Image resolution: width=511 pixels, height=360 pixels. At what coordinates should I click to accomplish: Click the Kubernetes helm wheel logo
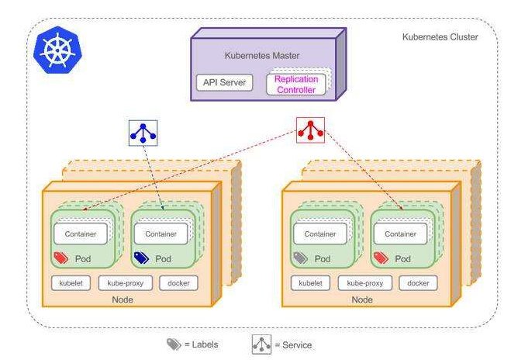57,50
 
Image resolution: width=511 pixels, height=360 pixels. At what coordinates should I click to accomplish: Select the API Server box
224,82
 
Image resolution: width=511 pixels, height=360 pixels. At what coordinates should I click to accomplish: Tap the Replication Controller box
296,85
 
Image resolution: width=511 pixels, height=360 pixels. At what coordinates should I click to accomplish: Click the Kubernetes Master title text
262,55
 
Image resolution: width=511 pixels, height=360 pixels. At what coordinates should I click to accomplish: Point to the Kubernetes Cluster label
440,36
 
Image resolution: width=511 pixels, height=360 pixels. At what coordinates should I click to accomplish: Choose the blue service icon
143,133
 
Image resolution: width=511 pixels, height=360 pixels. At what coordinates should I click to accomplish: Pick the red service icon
310,130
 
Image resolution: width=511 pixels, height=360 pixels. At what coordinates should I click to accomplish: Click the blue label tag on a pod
141,258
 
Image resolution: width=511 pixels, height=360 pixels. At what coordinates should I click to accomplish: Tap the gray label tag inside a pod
300,258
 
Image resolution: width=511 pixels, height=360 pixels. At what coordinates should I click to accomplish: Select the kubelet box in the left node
71,283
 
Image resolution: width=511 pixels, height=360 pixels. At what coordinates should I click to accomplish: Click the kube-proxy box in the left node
125,283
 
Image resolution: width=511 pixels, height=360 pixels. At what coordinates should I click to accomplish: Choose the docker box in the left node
178,283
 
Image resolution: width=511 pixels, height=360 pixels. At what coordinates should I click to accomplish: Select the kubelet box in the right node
310,283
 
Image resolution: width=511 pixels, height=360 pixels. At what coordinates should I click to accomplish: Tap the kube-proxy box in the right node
364,283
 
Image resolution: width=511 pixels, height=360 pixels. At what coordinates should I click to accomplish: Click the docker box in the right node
418,283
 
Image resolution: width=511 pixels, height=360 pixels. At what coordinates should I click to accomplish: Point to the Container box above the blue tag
161,234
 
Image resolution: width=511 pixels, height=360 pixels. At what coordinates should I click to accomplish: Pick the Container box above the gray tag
320,234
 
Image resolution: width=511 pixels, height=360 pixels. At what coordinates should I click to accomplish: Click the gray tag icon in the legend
174,344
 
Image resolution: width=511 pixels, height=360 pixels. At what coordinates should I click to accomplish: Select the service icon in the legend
261,344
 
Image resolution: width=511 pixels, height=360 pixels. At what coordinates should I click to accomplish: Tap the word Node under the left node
123,299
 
